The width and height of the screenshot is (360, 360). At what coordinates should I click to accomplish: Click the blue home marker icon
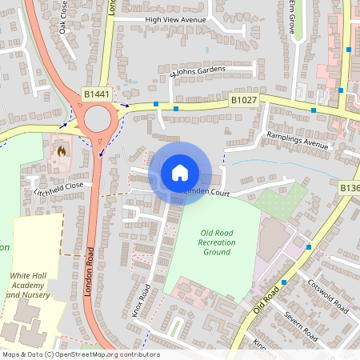[180, 173]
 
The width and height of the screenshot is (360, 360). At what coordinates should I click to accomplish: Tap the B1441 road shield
[96, 95]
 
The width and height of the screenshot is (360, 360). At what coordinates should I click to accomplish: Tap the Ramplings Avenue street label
[298, 140]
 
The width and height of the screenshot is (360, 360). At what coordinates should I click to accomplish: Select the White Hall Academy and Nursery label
[30, 285]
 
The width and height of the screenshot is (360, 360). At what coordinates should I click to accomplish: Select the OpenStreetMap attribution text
[80, 354]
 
